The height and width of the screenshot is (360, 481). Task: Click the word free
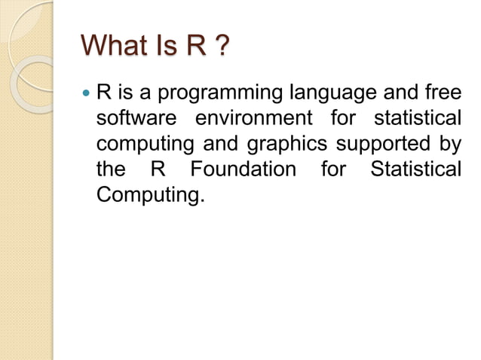440,95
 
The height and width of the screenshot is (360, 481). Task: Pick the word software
134,119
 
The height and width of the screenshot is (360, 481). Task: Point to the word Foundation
243,168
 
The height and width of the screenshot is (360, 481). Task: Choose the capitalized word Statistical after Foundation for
415,168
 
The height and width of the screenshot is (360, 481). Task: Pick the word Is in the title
164,47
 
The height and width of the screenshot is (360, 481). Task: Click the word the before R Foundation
112,168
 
